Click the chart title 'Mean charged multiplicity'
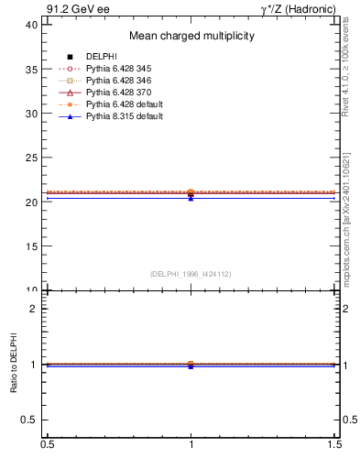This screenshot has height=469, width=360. coord(191,37)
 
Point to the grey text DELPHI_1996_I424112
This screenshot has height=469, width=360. coord(191,274)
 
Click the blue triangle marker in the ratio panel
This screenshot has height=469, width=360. coord(191,365)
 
